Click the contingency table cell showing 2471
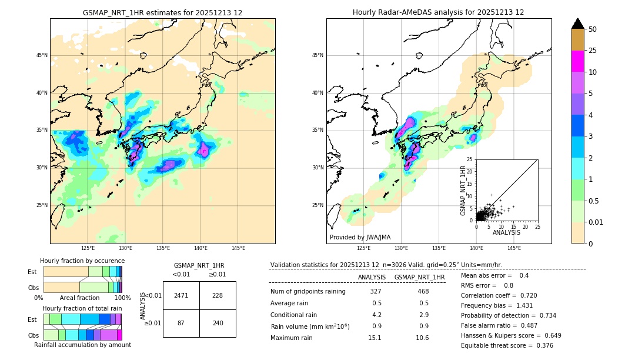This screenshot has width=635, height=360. tap(181, 295)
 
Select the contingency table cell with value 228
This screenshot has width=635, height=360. tap(218, 295)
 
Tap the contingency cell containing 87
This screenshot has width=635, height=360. tap(181, 323)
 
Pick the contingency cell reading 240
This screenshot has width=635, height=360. tap(218, 323)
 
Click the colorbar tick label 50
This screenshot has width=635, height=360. tap(593, 29)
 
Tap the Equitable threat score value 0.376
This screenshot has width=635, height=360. tap(541, 345)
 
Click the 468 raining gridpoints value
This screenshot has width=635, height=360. tap(423, 291)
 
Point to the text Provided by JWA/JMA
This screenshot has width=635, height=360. tap(360, 237)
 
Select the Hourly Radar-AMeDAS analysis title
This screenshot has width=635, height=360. tap(438, 12)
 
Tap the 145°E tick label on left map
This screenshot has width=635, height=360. tap(238, 248)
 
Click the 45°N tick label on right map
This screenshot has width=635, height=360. tap(317, 55)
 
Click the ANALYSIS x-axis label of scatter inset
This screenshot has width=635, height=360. tap(506, 232)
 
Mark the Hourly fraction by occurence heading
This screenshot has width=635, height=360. tap(82, 261)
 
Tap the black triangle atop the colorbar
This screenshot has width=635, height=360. tap(578, 24)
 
